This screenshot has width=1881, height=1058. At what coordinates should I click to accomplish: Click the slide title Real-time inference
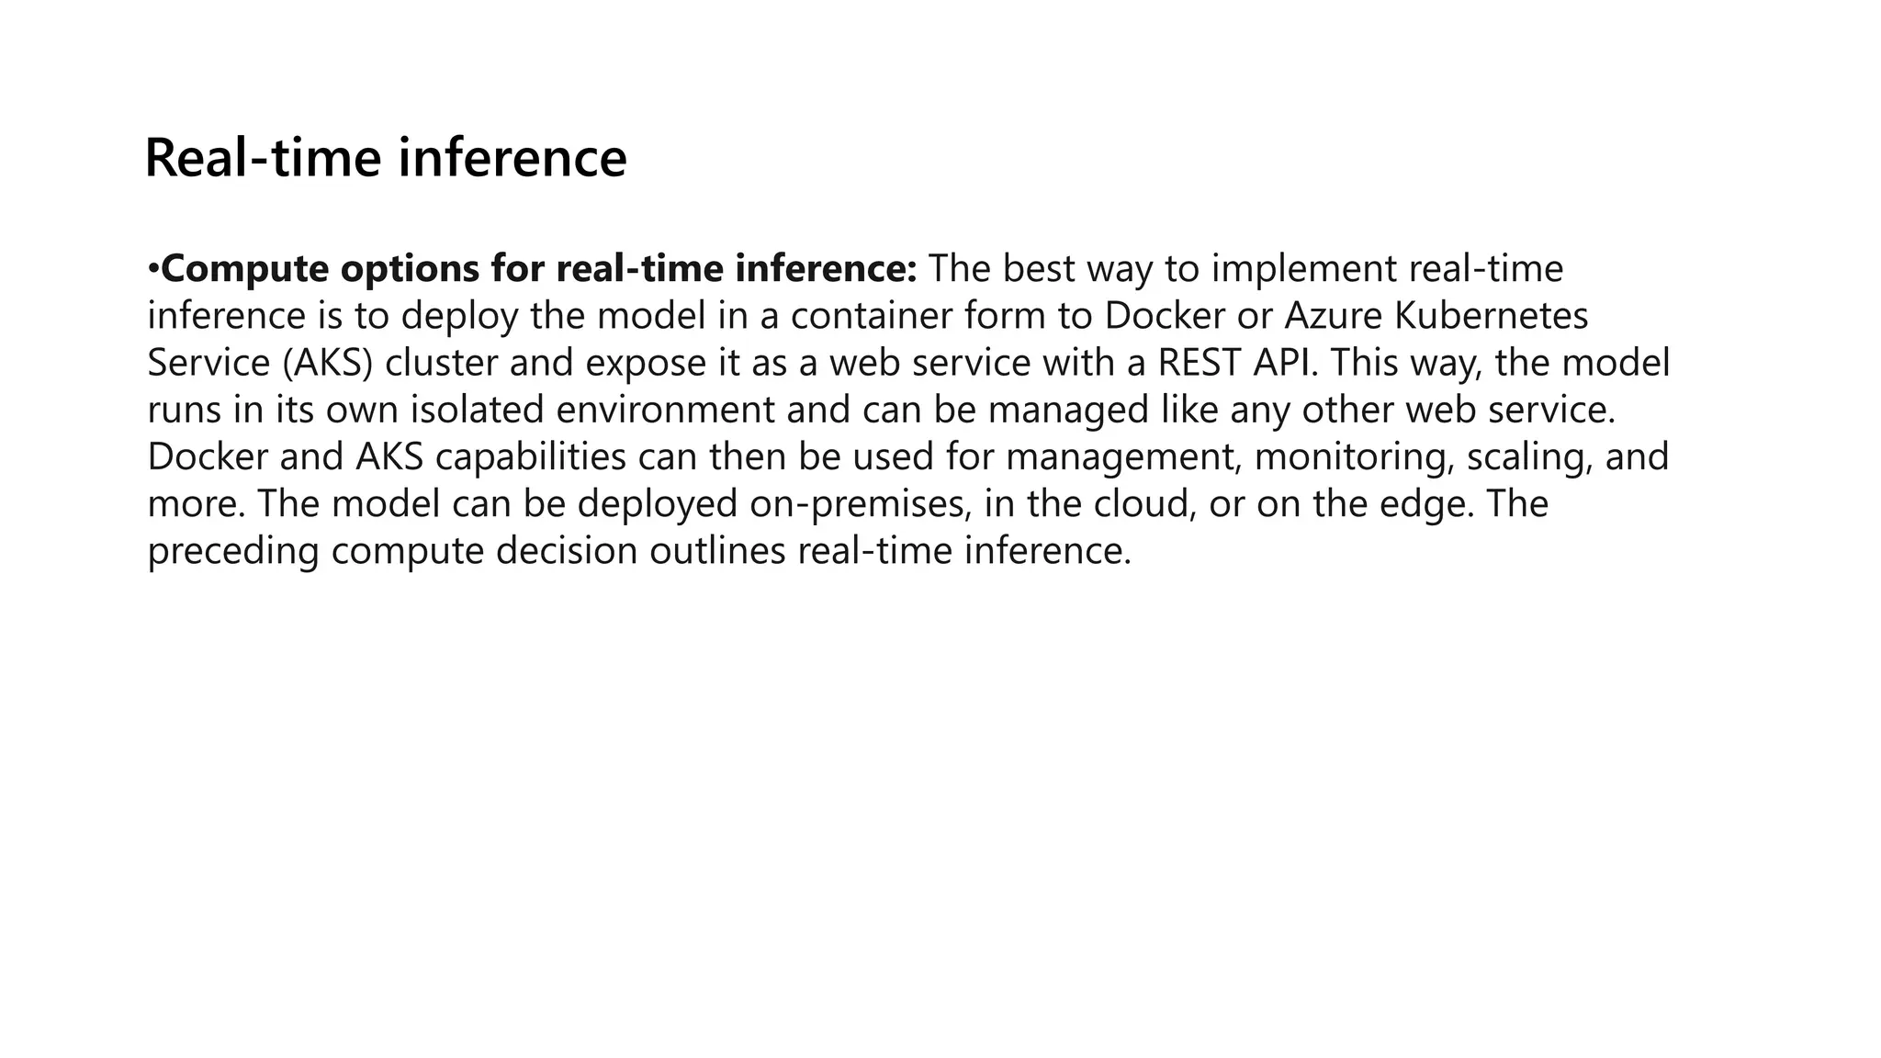point(386,157)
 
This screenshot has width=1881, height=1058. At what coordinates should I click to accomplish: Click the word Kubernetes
point(1492,316)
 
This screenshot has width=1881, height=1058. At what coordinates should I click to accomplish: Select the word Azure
point(1335,316)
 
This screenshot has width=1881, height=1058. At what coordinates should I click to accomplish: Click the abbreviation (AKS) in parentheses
point(327,363)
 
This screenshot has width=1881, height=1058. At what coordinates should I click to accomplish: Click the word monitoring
point(1354,457)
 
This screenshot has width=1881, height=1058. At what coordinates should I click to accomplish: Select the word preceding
point(233,551)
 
